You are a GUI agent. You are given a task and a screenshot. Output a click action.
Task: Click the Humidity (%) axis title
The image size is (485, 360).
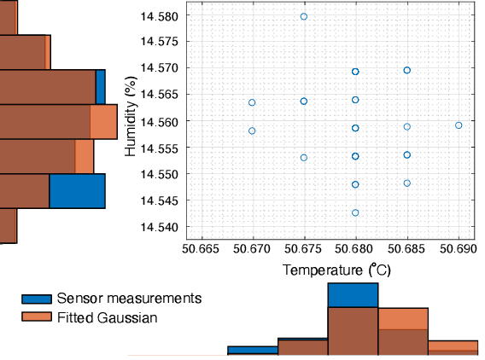(131, 121)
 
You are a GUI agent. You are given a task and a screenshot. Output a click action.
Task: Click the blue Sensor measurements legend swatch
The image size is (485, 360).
(37, 299)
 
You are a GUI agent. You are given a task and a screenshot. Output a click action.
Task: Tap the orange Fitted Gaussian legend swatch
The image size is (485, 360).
(37, 317)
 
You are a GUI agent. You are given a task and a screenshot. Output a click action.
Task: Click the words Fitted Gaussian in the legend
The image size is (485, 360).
(108, 317)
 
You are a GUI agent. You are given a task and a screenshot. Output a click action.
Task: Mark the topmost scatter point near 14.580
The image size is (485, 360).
(304, 17)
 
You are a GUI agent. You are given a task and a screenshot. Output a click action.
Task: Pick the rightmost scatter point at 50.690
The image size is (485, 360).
(459, 125)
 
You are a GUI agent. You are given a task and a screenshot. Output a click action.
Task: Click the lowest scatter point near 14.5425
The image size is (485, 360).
(355, 212)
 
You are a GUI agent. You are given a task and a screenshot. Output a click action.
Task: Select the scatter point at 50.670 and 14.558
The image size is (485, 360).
(252, 131)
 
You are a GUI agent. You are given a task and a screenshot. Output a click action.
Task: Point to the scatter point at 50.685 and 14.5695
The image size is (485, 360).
(407, 70)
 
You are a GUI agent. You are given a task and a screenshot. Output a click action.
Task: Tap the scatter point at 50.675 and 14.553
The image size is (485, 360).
(303, 158)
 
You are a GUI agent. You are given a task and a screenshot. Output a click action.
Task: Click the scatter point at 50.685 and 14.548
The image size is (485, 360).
(407, 183)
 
